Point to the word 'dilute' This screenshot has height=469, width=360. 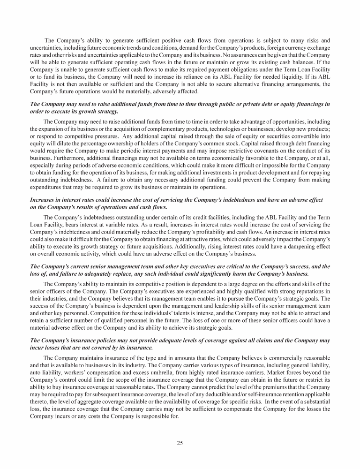click(x=58, y=144)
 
